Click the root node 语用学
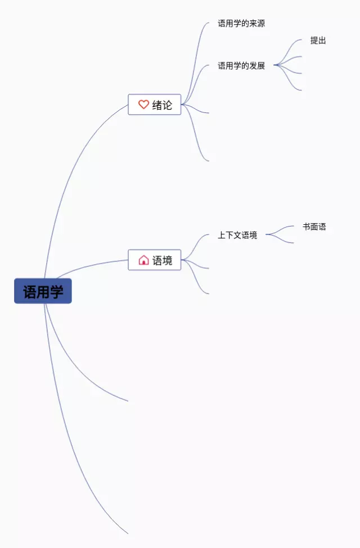43,291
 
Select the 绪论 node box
155,105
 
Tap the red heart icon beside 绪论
143,105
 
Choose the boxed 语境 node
155,260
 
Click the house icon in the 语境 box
143,260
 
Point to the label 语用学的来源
241,24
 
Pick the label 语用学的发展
241,66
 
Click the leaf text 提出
318,40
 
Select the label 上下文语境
237,235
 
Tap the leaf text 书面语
314,227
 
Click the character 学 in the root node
56,292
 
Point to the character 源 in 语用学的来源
260,24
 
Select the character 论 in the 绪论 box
168,105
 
